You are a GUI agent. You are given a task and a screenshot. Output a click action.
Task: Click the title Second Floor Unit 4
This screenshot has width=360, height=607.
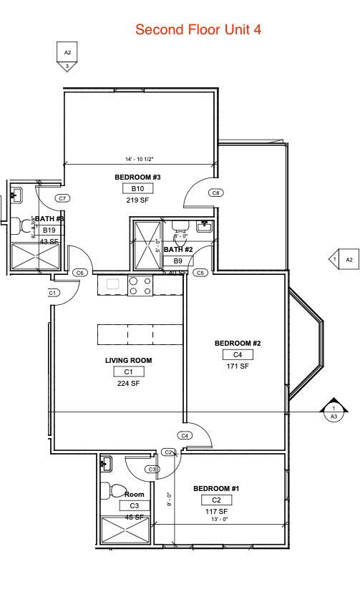[x=198, y=29]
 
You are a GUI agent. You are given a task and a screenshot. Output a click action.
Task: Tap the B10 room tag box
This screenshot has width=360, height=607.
[x=137, y=189]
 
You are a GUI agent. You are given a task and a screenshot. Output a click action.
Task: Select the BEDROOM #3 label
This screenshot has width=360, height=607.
[x=137, y=177]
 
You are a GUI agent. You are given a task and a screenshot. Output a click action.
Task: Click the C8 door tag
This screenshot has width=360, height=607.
[x=215, y=193]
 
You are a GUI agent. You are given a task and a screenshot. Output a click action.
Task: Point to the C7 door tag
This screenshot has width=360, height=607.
[x=62, y=198]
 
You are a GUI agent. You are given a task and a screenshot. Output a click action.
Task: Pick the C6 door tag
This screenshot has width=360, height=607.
[x=80, y=273]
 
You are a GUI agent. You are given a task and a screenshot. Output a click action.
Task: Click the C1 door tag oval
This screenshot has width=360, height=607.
[x=52, y=293]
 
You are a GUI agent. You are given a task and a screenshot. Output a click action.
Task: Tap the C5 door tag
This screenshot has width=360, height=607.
[x=200, y=273]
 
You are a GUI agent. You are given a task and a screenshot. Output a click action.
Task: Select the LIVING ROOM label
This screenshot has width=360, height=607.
[x=129, y=361]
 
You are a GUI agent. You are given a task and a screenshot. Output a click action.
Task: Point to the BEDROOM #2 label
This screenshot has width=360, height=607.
[x=238, y=344]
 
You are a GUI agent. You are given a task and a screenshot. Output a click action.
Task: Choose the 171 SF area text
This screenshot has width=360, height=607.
[x=238, y=366]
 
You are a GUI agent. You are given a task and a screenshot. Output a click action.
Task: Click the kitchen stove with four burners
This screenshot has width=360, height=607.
[x=140, y=286]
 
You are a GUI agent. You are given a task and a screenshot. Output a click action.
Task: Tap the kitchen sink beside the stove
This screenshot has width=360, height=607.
[x=112, y=284]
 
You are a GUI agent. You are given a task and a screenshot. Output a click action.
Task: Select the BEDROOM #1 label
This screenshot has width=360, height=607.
[x=216, y=489]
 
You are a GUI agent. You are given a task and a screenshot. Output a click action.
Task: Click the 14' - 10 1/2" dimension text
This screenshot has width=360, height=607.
[x=140, y=160]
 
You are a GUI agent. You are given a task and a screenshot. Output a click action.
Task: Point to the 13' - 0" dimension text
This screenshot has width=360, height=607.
[x=219, y=520]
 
